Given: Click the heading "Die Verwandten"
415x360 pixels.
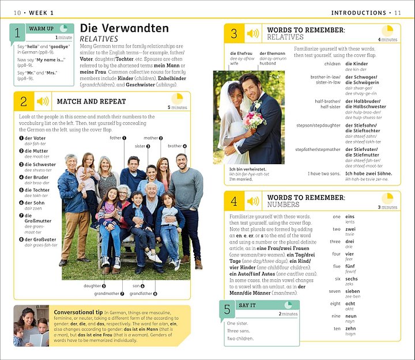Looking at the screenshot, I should (x=124, y=28).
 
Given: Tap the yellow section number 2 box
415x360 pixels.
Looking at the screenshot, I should (x=24, y=101).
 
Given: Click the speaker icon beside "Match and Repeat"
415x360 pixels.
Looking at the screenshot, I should (x=43, y=101).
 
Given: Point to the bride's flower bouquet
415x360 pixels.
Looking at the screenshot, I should (x=254, y=119).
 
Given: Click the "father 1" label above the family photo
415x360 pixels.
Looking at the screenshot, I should (x=118, y=138).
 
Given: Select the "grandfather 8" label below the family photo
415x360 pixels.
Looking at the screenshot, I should (x=143, y=294).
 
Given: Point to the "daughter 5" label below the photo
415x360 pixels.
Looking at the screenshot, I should (x=94, y=286).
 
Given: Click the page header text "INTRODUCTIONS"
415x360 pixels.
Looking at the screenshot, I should (x=359, y=13).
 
